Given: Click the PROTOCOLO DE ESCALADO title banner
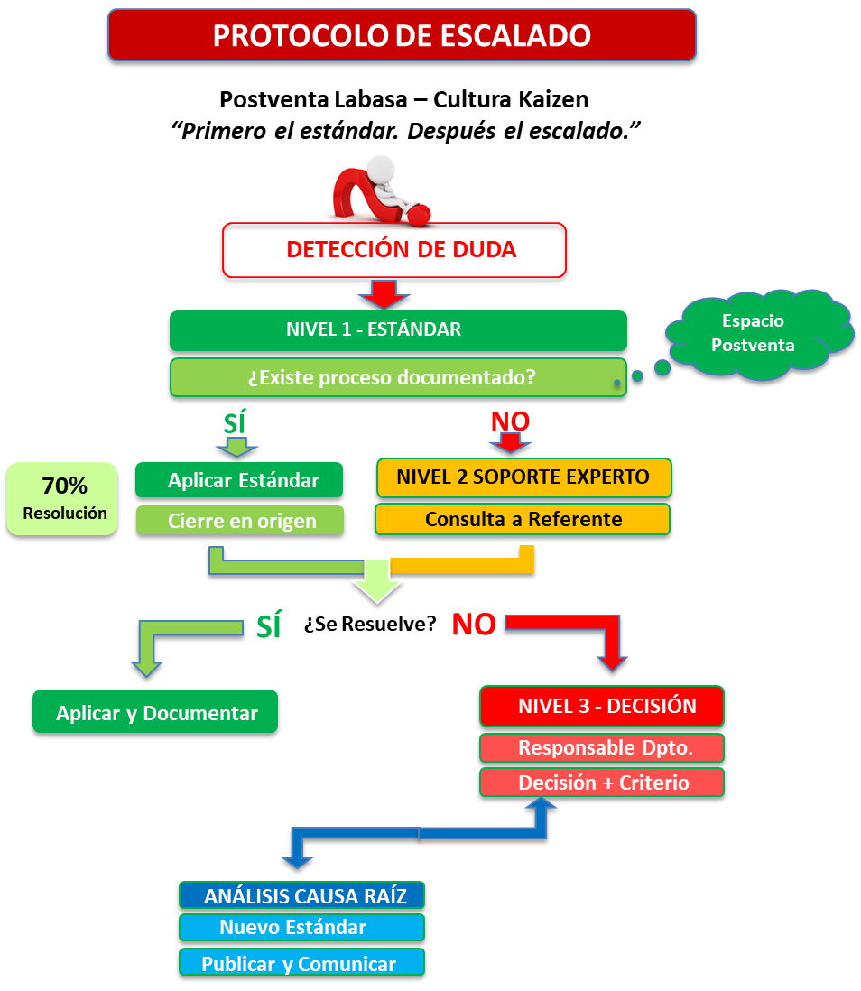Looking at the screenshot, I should point(402,35).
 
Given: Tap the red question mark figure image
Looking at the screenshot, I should point(384,191).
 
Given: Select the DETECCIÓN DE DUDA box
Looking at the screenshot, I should point(394,250).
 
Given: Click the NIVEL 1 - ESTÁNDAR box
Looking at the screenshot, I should point(398,330).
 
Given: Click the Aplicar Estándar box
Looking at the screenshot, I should point(239,480).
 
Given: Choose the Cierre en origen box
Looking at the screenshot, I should point(240,520).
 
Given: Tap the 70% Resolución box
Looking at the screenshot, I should point(62,498).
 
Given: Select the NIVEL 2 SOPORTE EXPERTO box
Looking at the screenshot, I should point(523,477).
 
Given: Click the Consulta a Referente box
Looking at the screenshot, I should point(523,519).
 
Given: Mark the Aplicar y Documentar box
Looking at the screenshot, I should point(155,712).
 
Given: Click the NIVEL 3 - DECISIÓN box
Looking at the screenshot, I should point(602,706).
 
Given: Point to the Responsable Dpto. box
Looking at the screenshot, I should point(602,747).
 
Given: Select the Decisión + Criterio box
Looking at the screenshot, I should point(602,783).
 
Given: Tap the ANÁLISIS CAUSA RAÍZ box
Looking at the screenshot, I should point(301,895).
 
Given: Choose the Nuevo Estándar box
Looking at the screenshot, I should point(301,928).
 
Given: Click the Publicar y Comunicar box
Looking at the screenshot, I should point(301,962).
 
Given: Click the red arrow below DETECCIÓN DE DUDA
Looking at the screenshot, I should point(384,293).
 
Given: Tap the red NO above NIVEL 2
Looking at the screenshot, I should point(510,421).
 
